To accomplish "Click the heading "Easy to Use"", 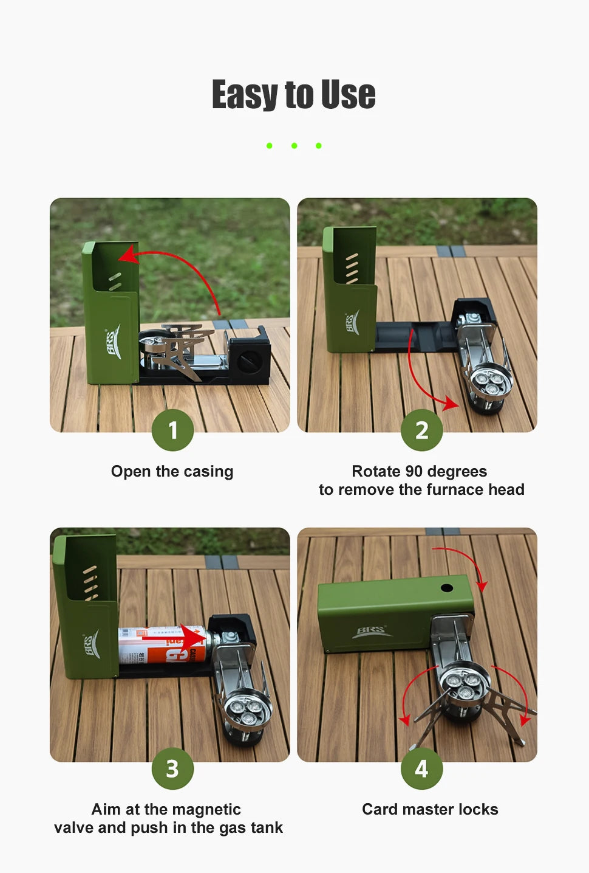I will click(294, 95).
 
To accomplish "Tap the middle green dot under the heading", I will click(294, 146).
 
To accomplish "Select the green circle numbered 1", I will click(173, 430).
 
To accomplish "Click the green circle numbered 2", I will click(421, 430).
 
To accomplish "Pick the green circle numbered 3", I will click(173, 768).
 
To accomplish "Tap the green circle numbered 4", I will click(421, 768).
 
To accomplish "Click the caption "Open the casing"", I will click(172, 472).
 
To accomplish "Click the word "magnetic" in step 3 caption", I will click(211, 810).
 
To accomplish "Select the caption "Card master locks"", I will click(430, 810).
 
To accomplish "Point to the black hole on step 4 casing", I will click(446, 588).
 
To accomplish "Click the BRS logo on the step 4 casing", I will click(372, 632).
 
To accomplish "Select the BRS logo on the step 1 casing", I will click(113, 342).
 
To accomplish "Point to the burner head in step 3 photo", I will click(247, 708).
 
